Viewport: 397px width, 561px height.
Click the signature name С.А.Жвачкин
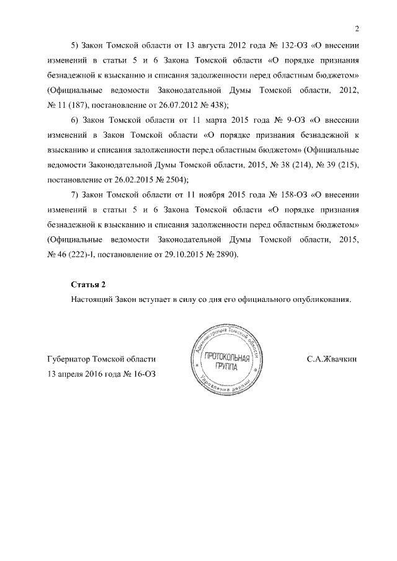click(x=332, y=360)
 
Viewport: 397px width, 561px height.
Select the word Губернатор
click(x=69, y=360)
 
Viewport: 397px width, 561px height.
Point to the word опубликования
click(x=321, y=299)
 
